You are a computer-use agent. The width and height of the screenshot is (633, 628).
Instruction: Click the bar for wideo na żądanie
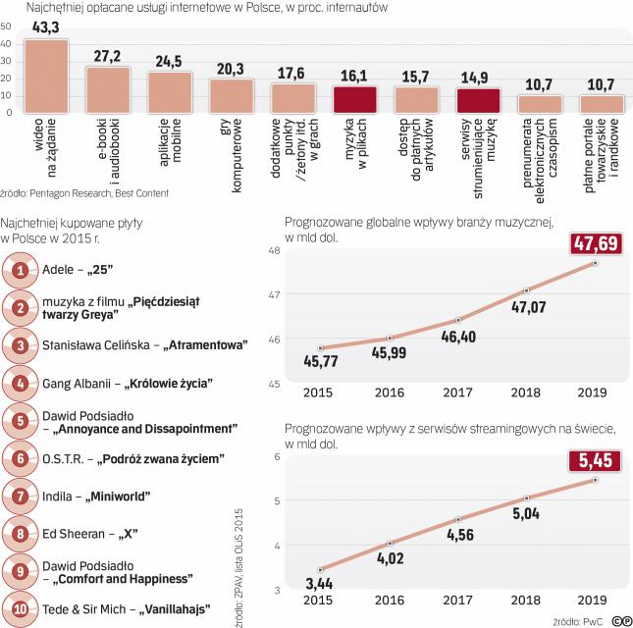point(46,78)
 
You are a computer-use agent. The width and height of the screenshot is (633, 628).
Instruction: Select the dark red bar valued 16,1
point(355,101)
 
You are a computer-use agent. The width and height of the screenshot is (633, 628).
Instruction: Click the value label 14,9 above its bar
point(478,78)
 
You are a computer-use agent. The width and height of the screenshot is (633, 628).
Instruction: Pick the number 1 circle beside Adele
point(21,268)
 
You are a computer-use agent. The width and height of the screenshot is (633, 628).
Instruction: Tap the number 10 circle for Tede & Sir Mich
point(21,609)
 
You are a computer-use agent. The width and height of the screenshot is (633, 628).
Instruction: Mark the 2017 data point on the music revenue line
point(458,320)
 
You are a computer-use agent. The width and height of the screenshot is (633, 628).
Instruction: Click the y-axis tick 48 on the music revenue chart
point(274,252)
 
